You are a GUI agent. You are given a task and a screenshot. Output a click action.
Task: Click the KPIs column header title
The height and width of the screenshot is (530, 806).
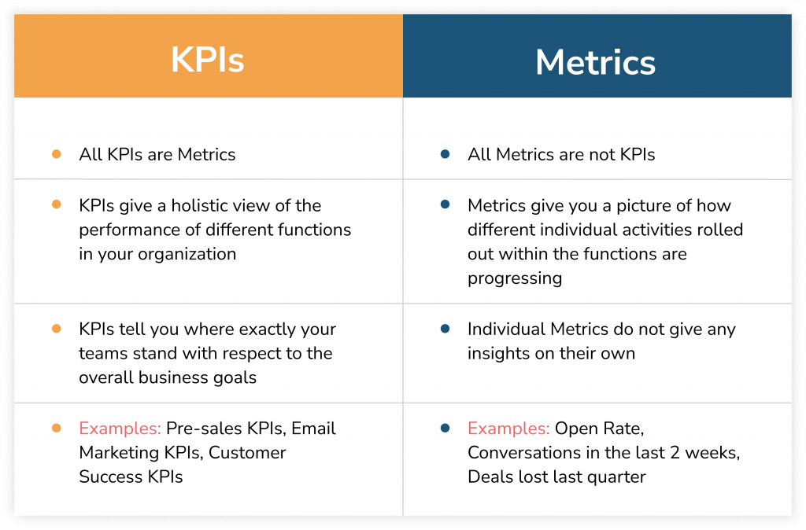pos(208,60)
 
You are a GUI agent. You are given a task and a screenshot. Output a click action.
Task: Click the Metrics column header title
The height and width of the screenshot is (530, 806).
pos(595,62)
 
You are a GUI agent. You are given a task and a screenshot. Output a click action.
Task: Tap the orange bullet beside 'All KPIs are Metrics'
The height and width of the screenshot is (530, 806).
pos(56,154)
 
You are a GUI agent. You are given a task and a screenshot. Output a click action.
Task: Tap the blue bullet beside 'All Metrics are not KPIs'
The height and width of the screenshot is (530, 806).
pos(445,154)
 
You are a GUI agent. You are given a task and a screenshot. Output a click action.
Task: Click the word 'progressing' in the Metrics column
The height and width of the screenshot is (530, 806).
pos(515,278)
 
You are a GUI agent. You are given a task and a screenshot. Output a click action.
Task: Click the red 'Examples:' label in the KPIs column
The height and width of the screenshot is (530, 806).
pos(120,429)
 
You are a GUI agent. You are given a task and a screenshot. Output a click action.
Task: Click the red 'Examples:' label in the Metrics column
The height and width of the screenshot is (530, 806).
pos(508,429)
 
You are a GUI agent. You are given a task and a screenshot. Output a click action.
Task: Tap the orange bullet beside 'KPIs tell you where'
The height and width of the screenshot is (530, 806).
pos(56,329)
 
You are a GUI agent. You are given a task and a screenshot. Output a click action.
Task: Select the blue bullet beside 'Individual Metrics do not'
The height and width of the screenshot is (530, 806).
pos(445,329)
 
